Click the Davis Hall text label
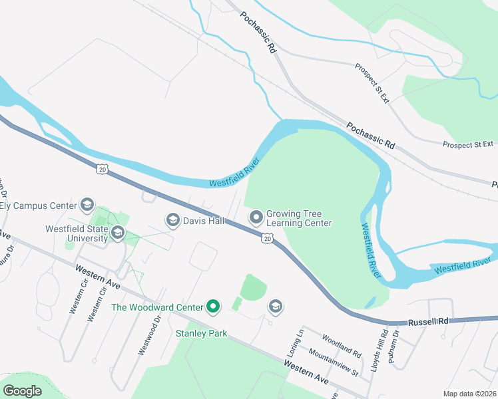(x=204, y=220)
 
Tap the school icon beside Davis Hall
(x=173, y=220)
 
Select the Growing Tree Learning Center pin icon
(x=256, y=217)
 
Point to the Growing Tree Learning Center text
(x=298, y=219)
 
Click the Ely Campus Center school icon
(x=87, y=204)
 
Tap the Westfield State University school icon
(x=118, y=232)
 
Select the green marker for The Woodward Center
(x=213, y=307)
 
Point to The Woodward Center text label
(x=158, y=307)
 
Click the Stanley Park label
(x=201, y=333)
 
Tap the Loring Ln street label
(x=298, y=343)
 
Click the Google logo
(x=22, y=390)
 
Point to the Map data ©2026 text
(x=469, y=394)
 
